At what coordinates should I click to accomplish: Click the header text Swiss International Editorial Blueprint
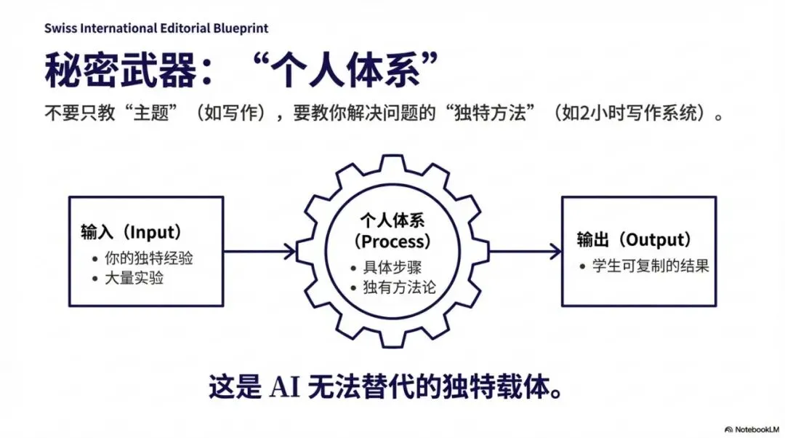click(x=156, y=28)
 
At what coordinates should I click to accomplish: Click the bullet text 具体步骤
click(x=392, y=267)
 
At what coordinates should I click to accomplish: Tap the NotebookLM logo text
click(x=754, y=426)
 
